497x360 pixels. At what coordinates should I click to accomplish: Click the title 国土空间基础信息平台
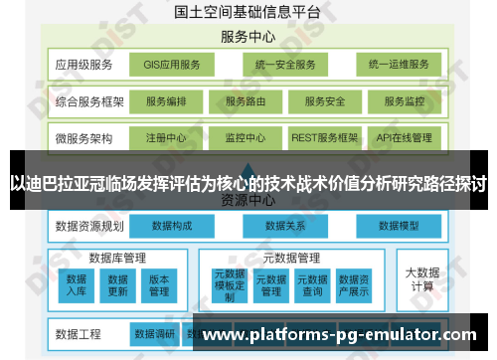(248, 12)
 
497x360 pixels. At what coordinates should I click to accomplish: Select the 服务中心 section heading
(248, 38)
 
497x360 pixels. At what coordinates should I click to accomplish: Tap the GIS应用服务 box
(172, 66)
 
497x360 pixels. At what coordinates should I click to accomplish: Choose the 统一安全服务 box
(283, 66)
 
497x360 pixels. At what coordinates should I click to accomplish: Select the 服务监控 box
(405, 101)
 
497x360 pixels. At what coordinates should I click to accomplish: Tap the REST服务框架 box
(325, 137)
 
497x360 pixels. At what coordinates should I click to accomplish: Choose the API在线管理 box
(405, 137)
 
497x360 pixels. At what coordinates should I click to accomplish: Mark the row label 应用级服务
(84, 66)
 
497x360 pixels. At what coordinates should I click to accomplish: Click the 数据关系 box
(284, 226)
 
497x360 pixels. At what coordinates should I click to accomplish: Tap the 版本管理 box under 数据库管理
(159, 284)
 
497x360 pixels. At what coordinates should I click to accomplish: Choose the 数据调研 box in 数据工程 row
(154, 333)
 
